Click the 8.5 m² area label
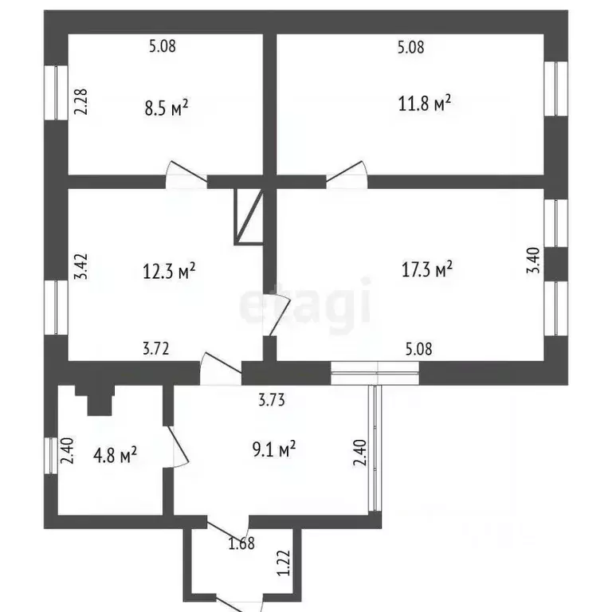(x=167, y=108)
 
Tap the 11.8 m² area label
(x=425, y=103)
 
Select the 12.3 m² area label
(x=169, y=270)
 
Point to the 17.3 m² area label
(x=427, y=269)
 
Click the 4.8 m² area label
(x=115, y=455)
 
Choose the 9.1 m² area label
(x=274, y=449)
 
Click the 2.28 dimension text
(x=80, y=102)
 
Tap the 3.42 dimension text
(x=80, y=267)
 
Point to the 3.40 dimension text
(x=533, y=261)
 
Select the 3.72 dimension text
(x=155, y=348)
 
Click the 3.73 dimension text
(x=272, y=400)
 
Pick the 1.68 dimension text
(x=241, y=543)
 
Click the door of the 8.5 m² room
(x=186, y=175)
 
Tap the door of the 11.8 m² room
(x=347, y=175)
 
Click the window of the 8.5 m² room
(x=56, y=92)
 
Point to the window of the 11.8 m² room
(x=555, y=88)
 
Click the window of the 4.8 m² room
(x=51, y=456)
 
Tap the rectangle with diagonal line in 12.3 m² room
(x=249, y=217)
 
